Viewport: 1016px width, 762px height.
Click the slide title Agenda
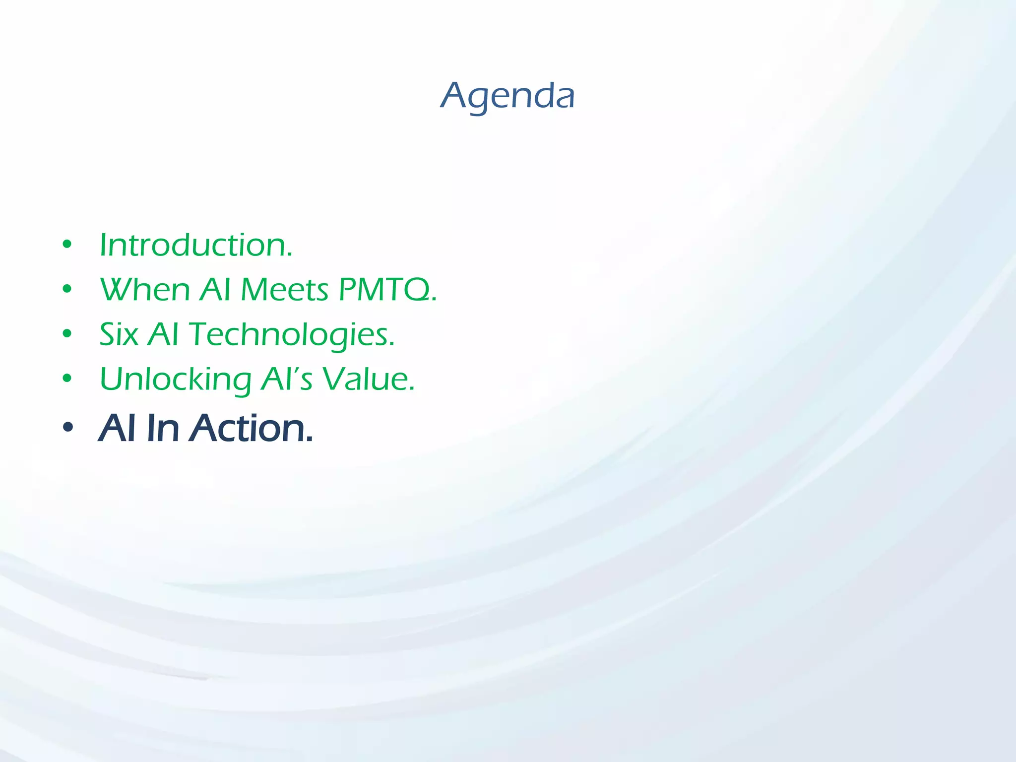click(x=508, y=96)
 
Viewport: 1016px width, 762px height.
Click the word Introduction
click(x=196, y=245)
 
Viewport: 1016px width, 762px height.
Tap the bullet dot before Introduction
click(x=67, y=244)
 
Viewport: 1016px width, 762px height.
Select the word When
click(x=145, y=289)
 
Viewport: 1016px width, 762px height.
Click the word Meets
click(x=284, y=289)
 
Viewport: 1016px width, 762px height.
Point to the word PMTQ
click(x=387, y=289)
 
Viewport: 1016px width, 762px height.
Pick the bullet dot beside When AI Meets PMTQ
click(x=67, y=289)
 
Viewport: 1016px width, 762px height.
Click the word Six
click(x=119, y=334)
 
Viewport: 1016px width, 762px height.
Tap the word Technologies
click(x=292, y=335)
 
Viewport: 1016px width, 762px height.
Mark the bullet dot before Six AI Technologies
click(x=67, y=333)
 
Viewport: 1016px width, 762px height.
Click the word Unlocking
click(x=176, y=380)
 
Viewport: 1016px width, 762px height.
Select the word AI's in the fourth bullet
click(x=287, y=379)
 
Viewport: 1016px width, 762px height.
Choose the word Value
click(x=368, y=379)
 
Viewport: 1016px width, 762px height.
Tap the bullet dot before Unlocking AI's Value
click(x=67, y=379)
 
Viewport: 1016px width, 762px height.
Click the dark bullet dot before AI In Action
click(x=68, y=427)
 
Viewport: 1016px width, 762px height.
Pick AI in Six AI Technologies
click(x=163, y=334)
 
